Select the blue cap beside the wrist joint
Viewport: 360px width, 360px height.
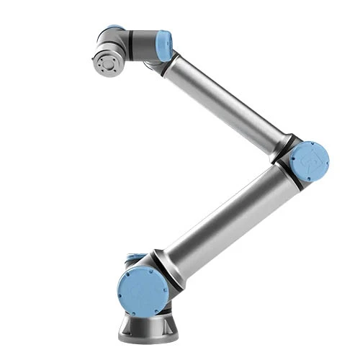pos(165,45)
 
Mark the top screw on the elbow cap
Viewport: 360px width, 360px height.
pos(310,143)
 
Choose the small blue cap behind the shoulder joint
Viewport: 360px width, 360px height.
pos(131,256)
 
